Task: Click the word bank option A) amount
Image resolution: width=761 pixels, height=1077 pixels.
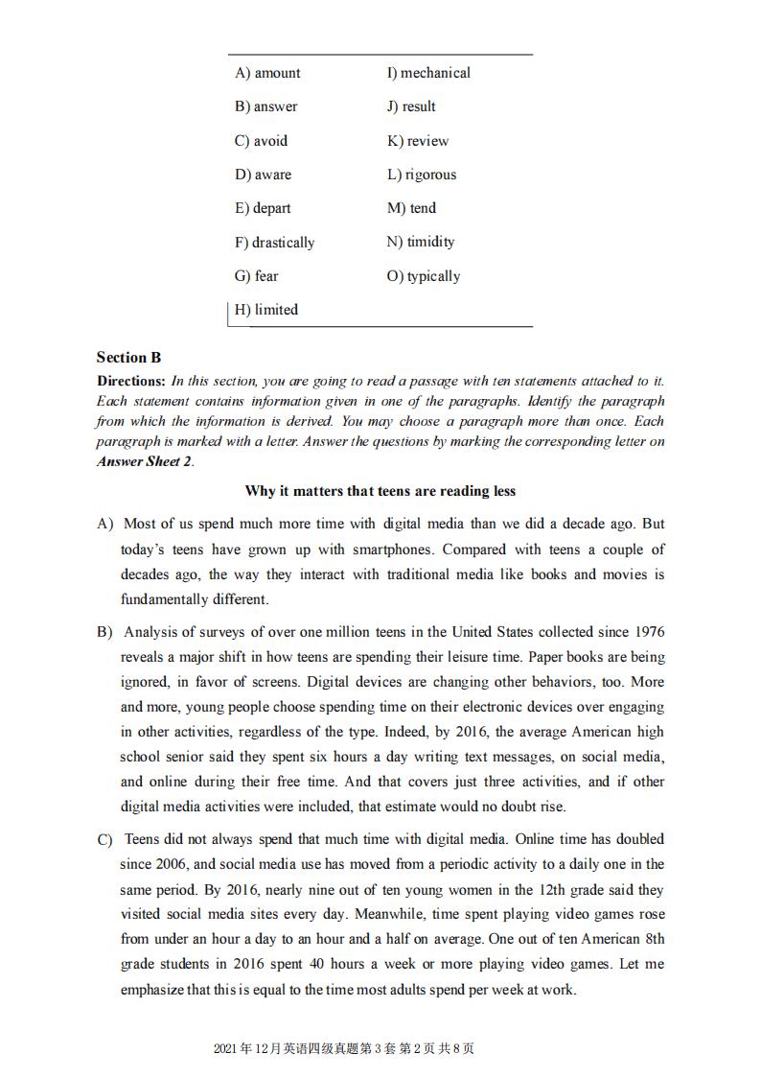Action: pyautogui.click(x=267, y=73)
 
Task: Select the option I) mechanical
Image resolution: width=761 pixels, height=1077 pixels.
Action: pyautogui.click(x=428, y=73)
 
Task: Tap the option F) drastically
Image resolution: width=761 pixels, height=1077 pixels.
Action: pyautogui.click(x=274, y=243)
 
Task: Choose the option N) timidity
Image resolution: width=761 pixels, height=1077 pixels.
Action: pyautogui.click(x=421, y=242)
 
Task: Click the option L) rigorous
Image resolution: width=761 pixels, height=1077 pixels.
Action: pyautogui.click(x=422, y=175)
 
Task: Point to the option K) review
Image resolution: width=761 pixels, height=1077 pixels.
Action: pyautogui.click(x=418, y=141)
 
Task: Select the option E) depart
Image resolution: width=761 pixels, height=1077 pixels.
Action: pyautogui.click(x=263, y=208)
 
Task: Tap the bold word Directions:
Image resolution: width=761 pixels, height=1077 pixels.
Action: pyautogui.click(x=131, y=381)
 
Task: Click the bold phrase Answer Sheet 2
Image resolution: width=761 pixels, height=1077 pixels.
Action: pyautogui.click(x=144, y=461)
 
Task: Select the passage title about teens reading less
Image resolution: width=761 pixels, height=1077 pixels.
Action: pyautogui.click(x=380, y=491)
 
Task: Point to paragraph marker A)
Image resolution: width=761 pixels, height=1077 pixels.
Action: pyautogui.click(x=105, y=525)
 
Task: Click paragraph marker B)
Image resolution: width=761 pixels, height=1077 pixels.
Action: pyautogui.click(x=105, y=633)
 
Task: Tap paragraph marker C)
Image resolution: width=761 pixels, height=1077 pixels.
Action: pyautogui.click(x=105, y=840)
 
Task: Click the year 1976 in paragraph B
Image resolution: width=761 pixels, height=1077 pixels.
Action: pyautogui.click(x=647, y=632)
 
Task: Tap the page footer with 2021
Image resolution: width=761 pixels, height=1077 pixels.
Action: pyautogui.click(x=344, y=1048)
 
